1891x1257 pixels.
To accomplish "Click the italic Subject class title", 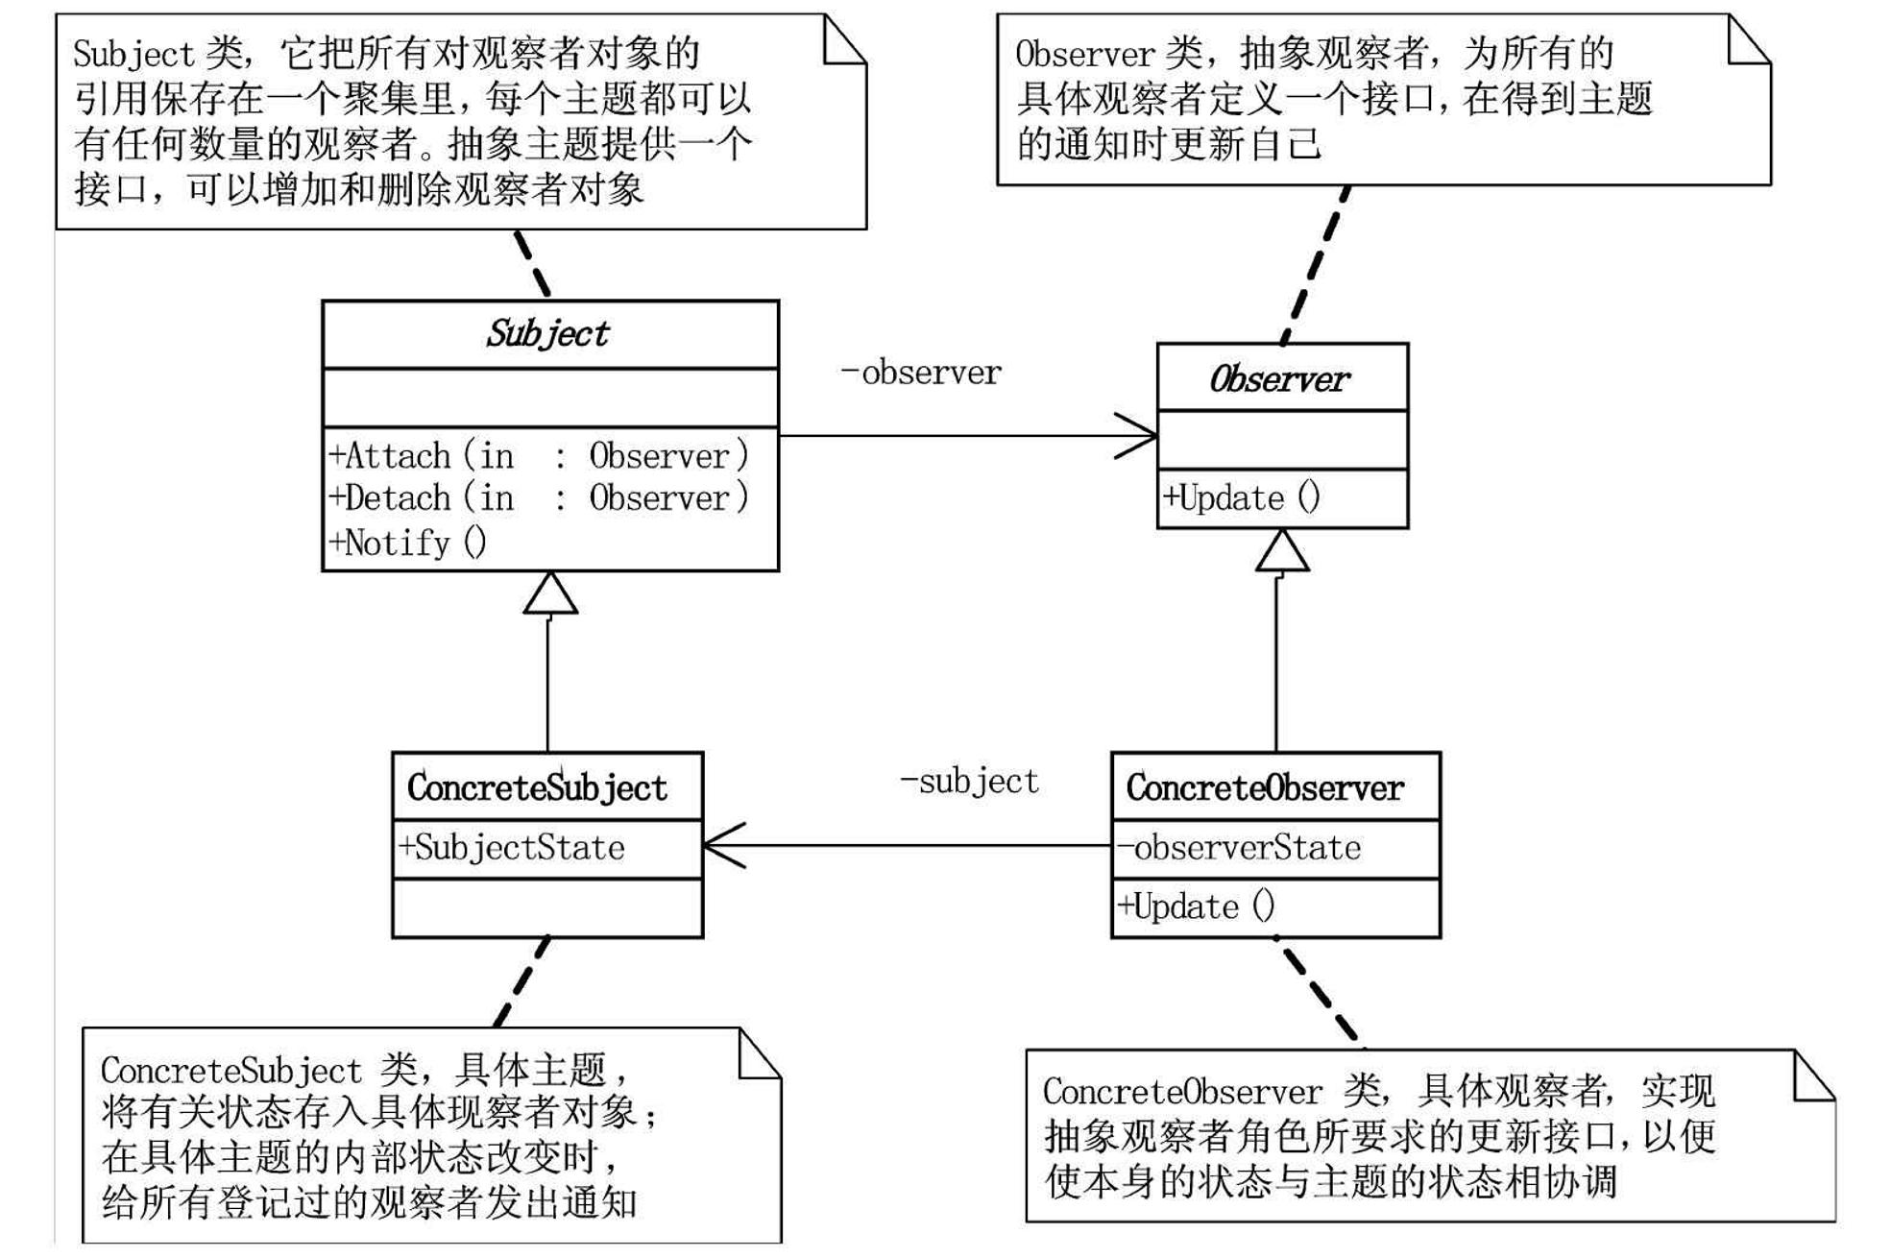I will click(x=547, y=334).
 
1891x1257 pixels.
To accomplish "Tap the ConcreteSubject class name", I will click(x=537, y=787).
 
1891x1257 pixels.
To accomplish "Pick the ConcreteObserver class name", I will click(x=1265, y=787).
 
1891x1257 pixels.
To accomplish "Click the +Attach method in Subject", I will click(x=538, y=455).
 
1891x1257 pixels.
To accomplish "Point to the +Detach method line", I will click(x=538, y=497).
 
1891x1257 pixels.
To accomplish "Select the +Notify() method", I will click(x=408, y=543).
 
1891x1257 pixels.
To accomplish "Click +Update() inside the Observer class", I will click(x=1242, y=497).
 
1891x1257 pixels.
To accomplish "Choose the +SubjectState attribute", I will click(x=512, y=847).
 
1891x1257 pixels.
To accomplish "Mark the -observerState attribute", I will click(x=1239, y=847).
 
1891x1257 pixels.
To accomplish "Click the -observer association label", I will click(x=921, y=373).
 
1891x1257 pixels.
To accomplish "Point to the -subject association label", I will click(x=969, y=782).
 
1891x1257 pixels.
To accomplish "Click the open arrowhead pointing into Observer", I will click(x=1138, y=436).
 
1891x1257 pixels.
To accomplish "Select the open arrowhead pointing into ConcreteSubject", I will click(x=723, y=846).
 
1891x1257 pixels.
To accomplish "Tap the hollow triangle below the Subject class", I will click(x=550, y=594).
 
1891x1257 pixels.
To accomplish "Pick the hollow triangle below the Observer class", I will click(x=1282, y=552).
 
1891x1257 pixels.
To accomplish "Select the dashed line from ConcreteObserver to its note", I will click(x=1321, y=994).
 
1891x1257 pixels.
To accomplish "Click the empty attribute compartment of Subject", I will click(x=550, y=398).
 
